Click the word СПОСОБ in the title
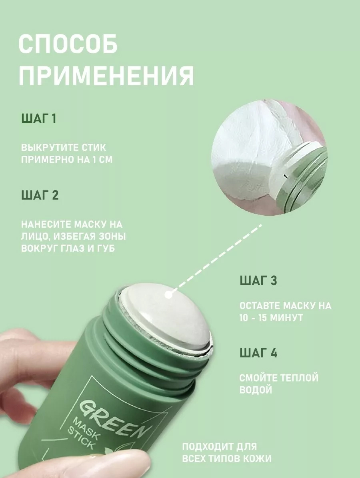click(68, 44)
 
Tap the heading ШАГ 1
click(39, 118)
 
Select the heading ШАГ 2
click(40, 195)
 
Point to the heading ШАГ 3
click(258, 281)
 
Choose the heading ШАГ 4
click(258, 353)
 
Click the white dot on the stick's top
click(168, 295)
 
